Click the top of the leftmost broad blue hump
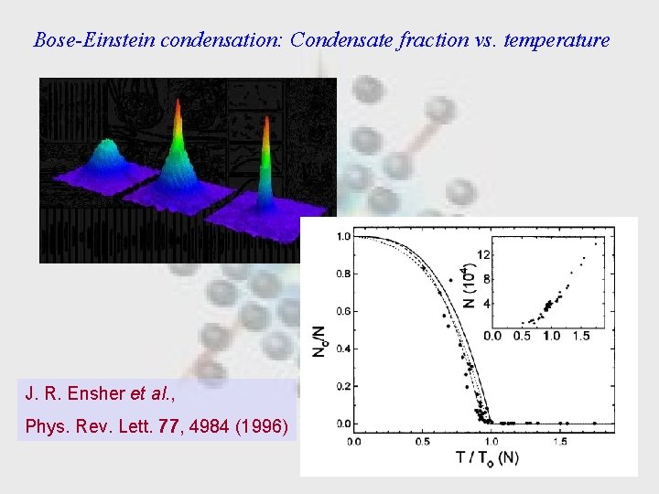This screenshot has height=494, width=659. (x=111, y=144)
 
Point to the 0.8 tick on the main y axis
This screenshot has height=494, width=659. (x=342, y=274)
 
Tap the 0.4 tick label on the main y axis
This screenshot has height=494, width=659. (x=342, y=349)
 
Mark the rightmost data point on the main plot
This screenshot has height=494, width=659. (x=595, y=423)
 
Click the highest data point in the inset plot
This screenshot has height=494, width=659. (x=597, y=242)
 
